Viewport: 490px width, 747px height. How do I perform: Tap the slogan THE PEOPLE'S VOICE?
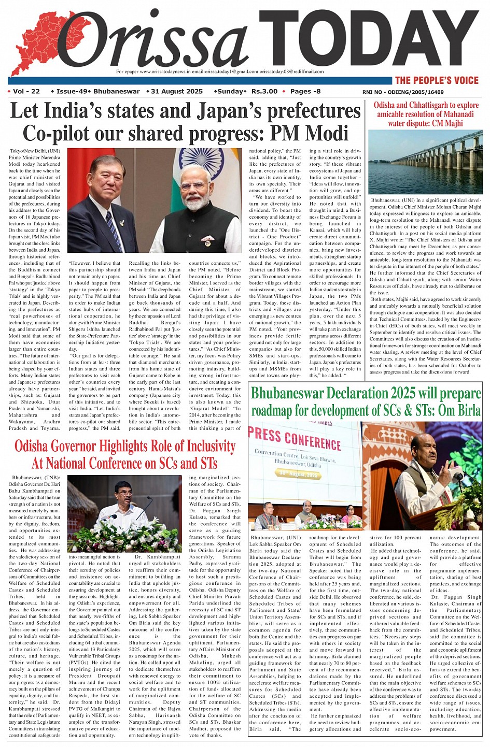click(x=436, y=80)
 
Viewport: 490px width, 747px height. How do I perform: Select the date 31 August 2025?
click(x=177, y=92)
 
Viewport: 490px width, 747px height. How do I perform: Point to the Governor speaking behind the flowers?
click(x=124, y=498)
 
